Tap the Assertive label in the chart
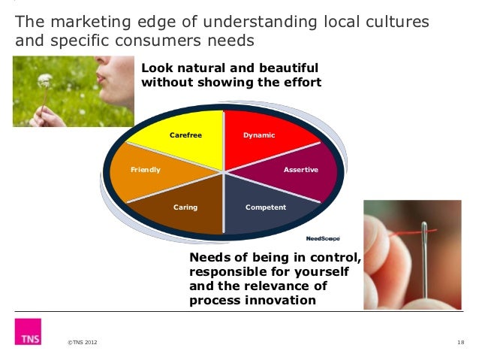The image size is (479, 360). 300,170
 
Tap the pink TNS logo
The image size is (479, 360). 27,331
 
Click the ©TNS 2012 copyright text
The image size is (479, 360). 82,343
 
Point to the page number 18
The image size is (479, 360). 459,343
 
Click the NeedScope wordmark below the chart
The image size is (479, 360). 323,238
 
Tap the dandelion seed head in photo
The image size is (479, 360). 45,79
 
